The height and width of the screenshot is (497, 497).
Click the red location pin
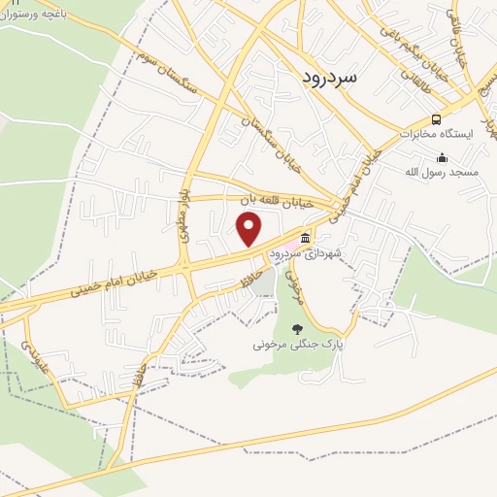pos(249,229)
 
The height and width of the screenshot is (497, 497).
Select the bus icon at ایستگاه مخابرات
pos(435,119)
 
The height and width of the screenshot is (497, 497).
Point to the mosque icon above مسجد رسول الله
pos(443,157)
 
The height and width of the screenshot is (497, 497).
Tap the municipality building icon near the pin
pos(306,238)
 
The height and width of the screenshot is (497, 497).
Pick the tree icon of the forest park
pos(297,329)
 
